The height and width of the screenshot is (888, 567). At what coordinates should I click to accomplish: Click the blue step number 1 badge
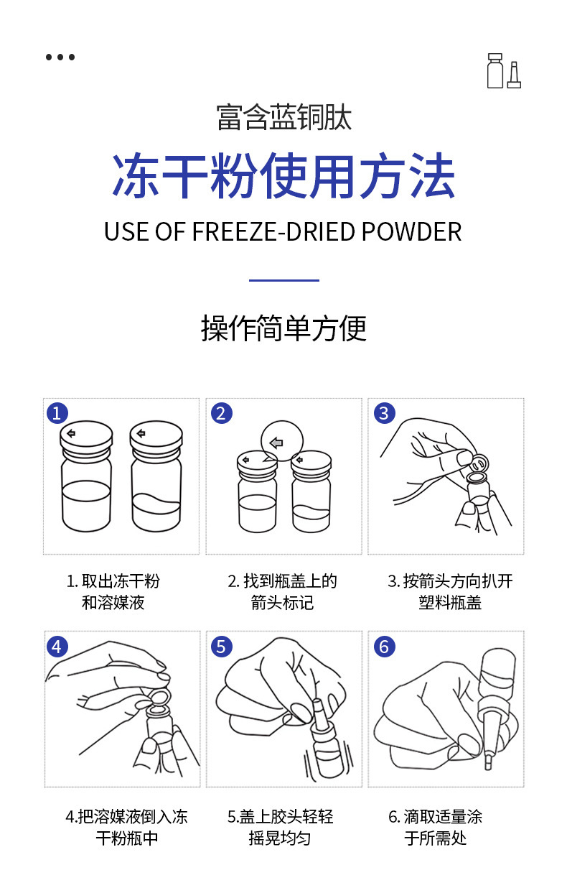coord(57,413)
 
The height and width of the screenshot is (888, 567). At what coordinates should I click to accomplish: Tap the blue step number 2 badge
coord(220,413)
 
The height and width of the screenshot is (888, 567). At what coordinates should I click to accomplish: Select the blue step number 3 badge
coord(384,413)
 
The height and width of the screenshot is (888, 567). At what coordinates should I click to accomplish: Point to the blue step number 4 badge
coord(57,647)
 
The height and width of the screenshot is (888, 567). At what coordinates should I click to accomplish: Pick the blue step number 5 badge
coord(220,647)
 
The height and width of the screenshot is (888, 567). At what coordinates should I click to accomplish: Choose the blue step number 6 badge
coord(384,647)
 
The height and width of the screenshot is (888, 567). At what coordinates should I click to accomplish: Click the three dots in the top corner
coord(60,57)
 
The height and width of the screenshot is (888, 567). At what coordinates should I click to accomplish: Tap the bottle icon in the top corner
coord(503,71)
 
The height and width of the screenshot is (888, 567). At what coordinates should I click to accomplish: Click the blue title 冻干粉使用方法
coord(283,176)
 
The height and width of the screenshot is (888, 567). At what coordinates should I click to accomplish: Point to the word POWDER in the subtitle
coord(411,232)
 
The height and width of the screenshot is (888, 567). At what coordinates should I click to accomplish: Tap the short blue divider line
coord(283,280)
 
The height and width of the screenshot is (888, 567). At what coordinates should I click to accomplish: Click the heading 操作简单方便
coord(283,328)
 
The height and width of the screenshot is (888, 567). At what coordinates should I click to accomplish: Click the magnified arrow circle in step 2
coord(282,440)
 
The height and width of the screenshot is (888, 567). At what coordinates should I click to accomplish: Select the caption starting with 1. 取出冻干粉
coord(113,591)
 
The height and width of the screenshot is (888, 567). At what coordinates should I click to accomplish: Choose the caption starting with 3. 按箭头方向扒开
coord(450,591)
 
